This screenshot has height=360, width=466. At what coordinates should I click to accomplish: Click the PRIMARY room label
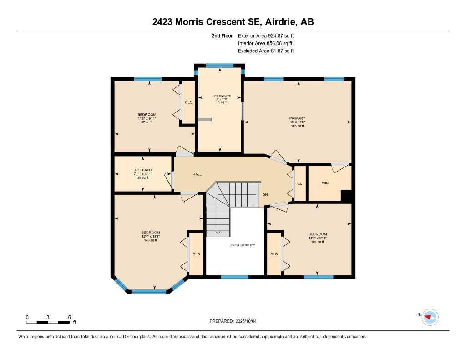[x=298, y=118]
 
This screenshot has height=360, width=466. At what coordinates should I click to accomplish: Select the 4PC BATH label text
[x=142, y=170]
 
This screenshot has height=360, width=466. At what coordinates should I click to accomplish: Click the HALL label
[x=197, y=174]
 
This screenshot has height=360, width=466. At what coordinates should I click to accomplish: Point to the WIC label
[x=325, y=183]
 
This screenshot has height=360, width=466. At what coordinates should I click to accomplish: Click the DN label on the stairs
[x=265, y=194]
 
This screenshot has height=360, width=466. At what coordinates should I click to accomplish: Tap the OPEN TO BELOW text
[x=243, y=245]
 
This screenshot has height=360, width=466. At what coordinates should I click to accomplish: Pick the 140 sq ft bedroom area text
[x=150, y=240]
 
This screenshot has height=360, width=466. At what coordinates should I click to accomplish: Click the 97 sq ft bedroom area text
[x=147, y=122]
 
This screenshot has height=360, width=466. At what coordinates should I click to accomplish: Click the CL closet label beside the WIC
[x=300, y=183]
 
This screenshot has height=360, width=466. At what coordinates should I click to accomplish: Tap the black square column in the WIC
[x=347, y=196]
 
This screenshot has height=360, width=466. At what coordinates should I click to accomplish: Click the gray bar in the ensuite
[x=205, y=119]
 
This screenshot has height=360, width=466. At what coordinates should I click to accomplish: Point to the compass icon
[x=430, y=317]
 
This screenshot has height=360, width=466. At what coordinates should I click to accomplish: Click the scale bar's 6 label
[x=69, y=317]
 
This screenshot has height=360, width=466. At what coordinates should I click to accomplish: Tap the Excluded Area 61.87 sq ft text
[x=266, y=51]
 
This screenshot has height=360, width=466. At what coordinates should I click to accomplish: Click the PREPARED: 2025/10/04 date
[x=236, y=321]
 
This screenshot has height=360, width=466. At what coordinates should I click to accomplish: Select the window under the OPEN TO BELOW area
[x=235, y=277]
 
